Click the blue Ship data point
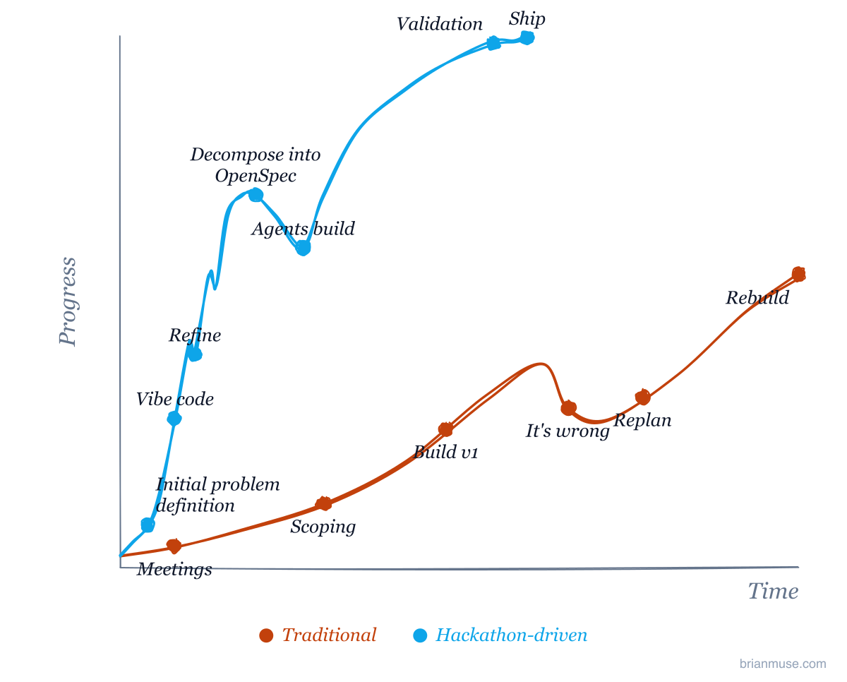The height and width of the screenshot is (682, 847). coord(527,38)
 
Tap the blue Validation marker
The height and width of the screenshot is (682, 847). coord(493,43)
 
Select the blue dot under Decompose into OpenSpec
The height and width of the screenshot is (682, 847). coord(256,195)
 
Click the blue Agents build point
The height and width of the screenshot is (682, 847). coord(303,248)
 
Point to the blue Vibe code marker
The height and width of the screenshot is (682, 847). coord(174,419)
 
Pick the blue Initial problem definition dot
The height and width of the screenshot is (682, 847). coord(148,525)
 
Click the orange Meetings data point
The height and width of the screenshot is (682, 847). coord(174,546)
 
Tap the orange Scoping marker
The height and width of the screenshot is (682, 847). coord(323,503)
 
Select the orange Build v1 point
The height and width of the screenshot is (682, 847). coord(445,429)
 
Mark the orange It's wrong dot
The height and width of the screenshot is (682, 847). coord(568,408)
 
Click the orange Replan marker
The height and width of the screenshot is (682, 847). coord(643,397)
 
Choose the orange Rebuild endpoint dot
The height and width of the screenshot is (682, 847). coord(798,275)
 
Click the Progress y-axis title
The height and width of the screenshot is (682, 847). coord(68,301)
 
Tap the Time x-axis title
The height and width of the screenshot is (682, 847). coord(773,591)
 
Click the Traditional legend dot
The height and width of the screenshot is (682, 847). coord(266,635)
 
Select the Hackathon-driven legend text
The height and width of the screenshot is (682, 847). coord(511,635)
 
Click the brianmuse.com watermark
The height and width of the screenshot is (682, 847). coord(783,664)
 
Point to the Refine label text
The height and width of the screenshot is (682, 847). coord(195,335)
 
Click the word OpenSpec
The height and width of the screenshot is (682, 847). coord(256,176)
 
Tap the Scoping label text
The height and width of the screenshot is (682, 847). coord(323,527)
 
